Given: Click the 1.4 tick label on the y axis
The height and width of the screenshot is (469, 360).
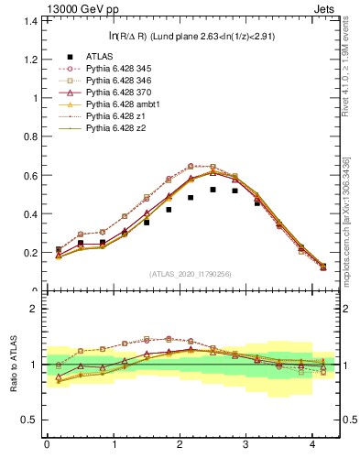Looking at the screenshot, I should click(x=27, y=20).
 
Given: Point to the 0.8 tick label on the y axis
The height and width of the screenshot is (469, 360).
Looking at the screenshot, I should click(x=27, y=136).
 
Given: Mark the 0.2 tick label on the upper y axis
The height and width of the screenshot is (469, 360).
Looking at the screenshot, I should click(x=27, y=253).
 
